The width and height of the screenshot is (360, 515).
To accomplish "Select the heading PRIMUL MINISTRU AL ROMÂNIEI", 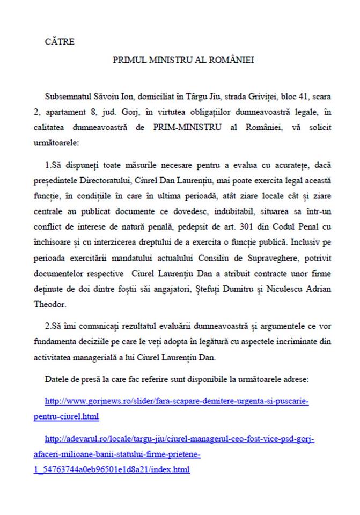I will (183, 61).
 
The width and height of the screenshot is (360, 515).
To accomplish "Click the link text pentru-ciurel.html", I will (72, 416).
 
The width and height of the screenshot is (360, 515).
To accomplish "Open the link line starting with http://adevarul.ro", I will (179, 439).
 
